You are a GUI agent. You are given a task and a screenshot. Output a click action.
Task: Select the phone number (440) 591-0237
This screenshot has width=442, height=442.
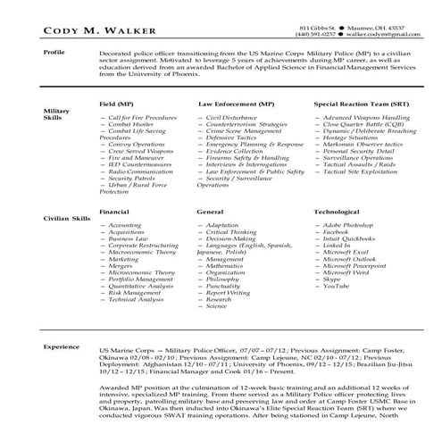tap(321, 36)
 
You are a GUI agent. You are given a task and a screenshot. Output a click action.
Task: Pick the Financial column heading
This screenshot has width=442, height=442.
tap(115, 212)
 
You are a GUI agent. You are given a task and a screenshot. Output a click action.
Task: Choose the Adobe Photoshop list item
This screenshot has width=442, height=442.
tap(350, 225)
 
